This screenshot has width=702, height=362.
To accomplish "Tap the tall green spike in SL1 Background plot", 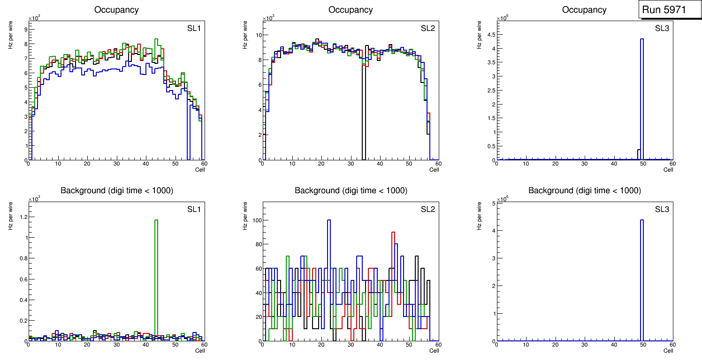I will point(156,281).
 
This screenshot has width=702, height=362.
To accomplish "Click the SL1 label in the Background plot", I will point(194,209).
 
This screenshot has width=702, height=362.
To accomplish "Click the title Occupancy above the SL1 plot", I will point(116,10).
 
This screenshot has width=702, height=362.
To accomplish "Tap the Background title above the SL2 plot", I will point(351,190).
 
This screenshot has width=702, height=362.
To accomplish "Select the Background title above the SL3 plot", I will point(584,190).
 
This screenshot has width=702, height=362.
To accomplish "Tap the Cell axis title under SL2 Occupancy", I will point(434,170).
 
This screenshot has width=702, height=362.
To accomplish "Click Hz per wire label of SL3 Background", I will point(480,216).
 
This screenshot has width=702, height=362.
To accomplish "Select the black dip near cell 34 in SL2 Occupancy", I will point(364,113).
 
